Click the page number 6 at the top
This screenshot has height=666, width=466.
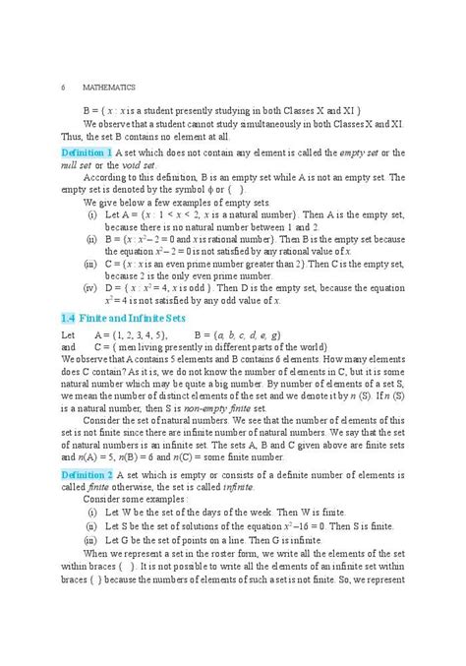tap(63, 88)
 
